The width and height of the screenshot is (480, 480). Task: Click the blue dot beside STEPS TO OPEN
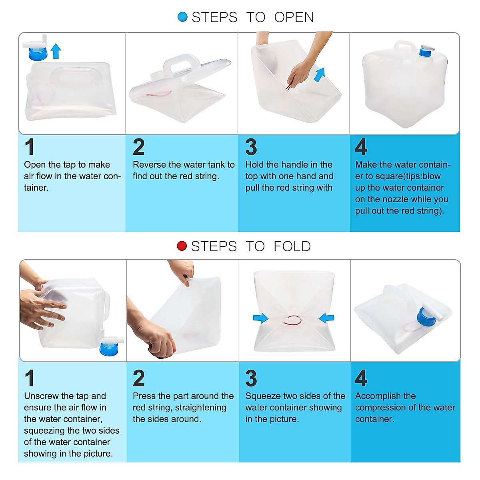pyautogui.click(x=182, y=17)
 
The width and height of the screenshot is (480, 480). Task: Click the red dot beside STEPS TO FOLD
pyautogui.click(x=182, y=246)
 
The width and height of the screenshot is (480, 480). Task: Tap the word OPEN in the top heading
pyautogui.click(x=294, y=17)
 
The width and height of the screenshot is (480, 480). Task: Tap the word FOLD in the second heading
pyautogui.click(x=292, y=246)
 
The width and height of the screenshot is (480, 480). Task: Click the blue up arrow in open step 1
pyautogui.click(x=56, y=51)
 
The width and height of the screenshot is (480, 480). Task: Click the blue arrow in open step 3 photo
pyautogui.click(x=320, y=75)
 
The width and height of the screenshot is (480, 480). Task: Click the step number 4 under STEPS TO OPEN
pyautogui.click(x=361, y=147)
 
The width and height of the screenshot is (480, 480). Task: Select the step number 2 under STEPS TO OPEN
pyautogui.click(x=139, y=147)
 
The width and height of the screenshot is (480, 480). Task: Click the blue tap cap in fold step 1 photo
pyautogui.click(x=109, y=349)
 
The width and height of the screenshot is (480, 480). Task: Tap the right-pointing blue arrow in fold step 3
pyautogui.click(x=260, y=318)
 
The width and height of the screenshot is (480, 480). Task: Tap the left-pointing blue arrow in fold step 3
pyautogui.click(x=326, y=318)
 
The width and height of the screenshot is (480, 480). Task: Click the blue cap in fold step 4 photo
pyautogui.click(x=426, y=317)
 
